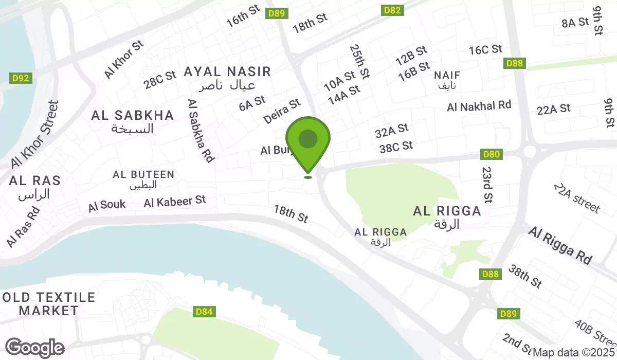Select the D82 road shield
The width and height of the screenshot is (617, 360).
[392, 10]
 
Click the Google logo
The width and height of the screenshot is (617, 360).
[35, 348]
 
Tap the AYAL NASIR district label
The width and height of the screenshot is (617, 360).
[227, 71]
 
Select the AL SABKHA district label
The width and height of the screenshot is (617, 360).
[133, 116]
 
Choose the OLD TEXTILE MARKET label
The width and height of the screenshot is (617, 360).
[49, 304]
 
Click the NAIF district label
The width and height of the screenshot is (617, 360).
[447, 75]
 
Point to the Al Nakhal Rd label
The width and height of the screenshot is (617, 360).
[479, 106]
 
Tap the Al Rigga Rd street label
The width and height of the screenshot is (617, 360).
[560, 245]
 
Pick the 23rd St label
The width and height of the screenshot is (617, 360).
[487, 184]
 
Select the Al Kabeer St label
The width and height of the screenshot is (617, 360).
[175, 201]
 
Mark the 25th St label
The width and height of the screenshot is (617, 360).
[359, 61]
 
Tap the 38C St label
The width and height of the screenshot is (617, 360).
[396, 147]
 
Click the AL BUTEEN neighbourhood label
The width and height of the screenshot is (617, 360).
[143, 175]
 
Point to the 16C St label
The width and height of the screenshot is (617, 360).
[485, 49]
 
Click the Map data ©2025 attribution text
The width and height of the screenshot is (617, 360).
[574, 353]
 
